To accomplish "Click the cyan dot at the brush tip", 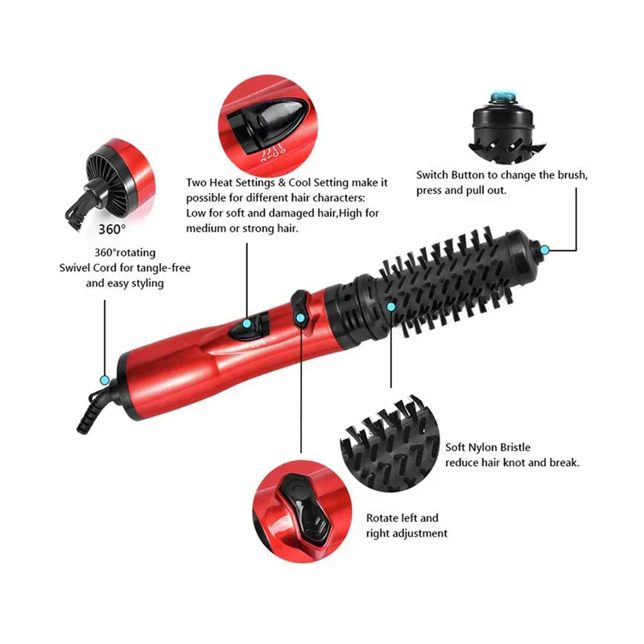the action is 545,250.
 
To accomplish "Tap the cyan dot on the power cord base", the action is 105,380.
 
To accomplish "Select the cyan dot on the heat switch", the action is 247,324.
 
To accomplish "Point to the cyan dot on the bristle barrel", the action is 391,307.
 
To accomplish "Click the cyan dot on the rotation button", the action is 300,317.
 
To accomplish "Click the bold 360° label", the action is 112,229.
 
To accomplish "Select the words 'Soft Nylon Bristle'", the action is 488,448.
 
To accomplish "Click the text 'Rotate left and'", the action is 402,518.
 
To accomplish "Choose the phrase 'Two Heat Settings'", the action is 230,183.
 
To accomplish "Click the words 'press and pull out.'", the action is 461,191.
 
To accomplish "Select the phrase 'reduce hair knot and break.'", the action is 512,463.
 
